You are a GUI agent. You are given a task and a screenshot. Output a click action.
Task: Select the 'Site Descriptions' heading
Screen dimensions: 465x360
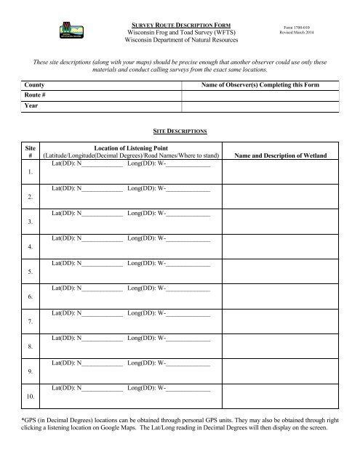180,131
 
